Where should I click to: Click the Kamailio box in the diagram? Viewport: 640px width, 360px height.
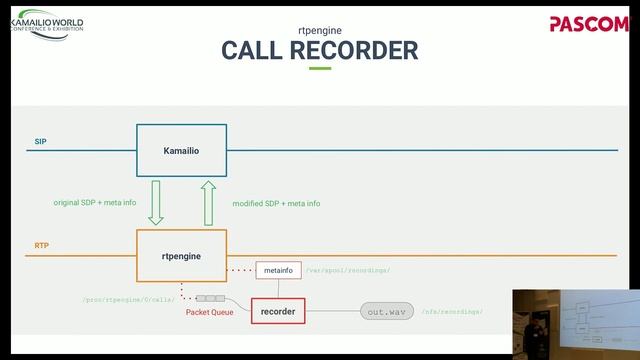pyautogui.click(x=181, y=150)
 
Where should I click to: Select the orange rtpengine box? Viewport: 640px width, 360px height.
pyautogui.click(x=181, y=256)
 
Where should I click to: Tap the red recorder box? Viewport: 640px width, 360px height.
pyautogui.click(x=277, y=312)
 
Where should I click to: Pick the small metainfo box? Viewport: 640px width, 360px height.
pyautogui.click(x=278, y=270)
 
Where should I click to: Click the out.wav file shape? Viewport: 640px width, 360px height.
pyautogui.click(x=386, y=312)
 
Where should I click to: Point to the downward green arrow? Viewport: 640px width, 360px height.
pyautogui.click(x=156, y=202)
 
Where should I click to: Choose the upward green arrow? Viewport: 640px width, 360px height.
pyautogui.click(x=209, y=202)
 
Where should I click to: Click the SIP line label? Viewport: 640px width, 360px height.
pyautogui.click(x=40, y=142)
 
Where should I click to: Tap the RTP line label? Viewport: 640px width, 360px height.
pyautogui.click(x=41, y=245)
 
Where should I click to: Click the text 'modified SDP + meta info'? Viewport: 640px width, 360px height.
pyautogui.click(x=276, y=203)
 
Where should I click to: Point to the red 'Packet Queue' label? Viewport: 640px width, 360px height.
pyautogui.click(x=210, y=312)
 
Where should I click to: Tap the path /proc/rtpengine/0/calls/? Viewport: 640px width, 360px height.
pyautogui.click(x=128, y=299)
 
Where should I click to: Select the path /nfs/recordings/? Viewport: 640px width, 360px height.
pyautogui.click(x=452, y=312)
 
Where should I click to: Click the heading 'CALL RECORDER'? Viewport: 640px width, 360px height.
pyautogui.click(x=319, y=50)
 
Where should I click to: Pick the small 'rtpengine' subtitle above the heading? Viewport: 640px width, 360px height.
pyautogui.click(x=319, y=30)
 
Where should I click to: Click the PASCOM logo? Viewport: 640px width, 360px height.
pyautogui.click(x=588, y=24)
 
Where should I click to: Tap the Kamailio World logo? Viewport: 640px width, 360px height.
pyautogui.click(x=46, y=24)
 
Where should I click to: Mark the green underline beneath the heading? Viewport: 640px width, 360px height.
pyautogui.click(x=319, y=68)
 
